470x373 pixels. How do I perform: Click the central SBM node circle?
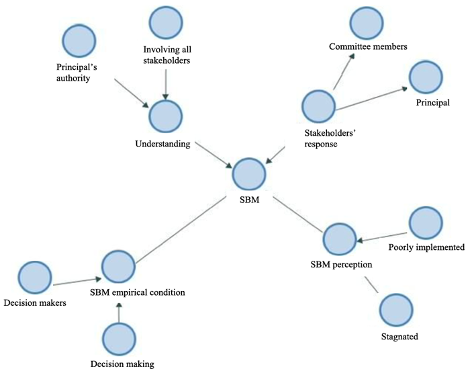pyautogui.click(x=249, y=174)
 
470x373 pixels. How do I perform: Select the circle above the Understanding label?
pyautogui.click(x=164, y=116)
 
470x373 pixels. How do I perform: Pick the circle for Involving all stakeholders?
pyautogui.click(x=166, y=24)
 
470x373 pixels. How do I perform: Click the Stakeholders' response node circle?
pyautogui.click(x=318, y=107)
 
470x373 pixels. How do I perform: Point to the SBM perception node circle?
pyautogui.click(x=340, y=239)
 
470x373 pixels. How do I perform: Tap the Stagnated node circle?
pyautogui.click(x=396, y=310)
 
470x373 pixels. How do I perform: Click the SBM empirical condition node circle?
pyautogui.click(x=120, y=266)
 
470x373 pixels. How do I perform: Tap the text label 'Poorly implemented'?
pyautogui.click(x=426, y=247)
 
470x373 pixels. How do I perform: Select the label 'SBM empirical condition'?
pyautogui.click(x=138, y=292)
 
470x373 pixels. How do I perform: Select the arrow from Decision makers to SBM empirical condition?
pyautogui.click(x=77, y=280)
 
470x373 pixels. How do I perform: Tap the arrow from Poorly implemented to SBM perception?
pyautogui.click(x=383, y=233)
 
